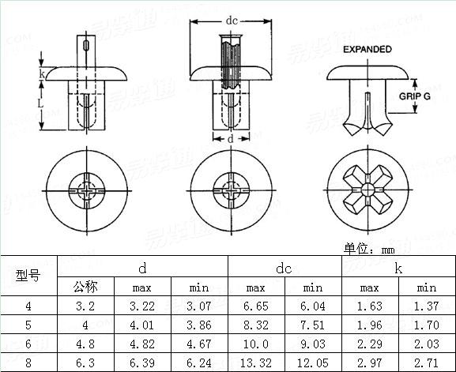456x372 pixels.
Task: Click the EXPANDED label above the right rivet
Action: (367, 49)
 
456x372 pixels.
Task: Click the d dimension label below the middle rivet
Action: (229, 139)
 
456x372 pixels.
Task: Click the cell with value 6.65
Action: (255, 306)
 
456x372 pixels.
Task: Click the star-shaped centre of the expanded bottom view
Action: (367, 190)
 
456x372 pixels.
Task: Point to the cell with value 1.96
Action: (369, 324)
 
